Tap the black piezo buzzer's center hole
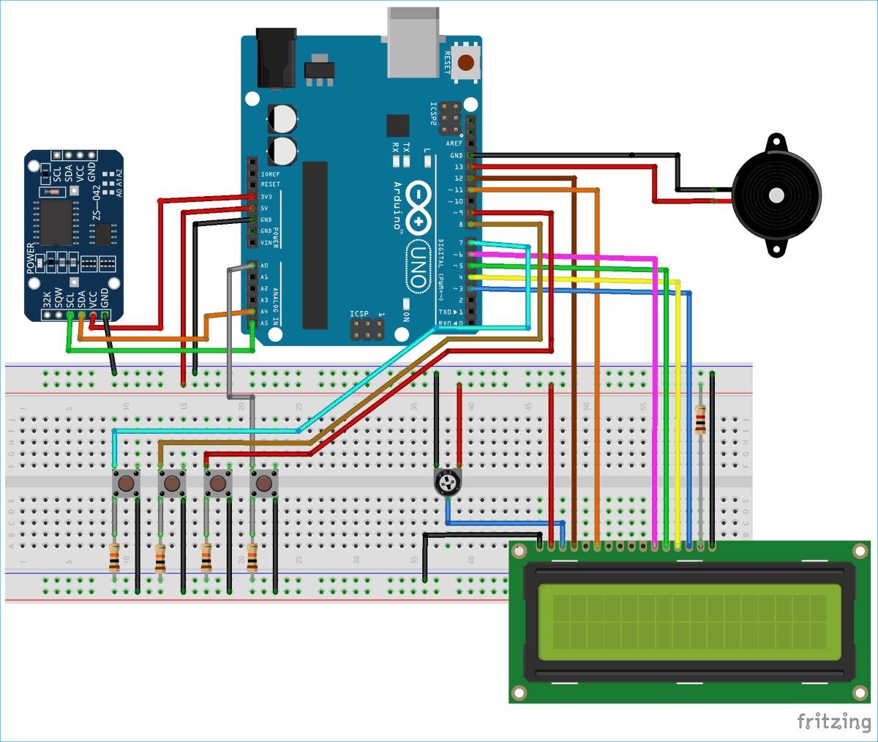point(775,195)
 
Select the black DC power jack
point(276,59)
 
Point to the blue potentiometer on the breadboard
point(447,482)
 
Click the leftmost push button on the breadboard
point(126,484)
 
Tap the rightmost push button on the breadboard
point(263,484)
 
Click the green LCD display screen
point(689,621)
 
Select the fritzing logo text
point(833,722)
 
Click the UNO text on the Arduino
point(418,266)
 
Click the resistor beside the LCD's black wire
point(701,421)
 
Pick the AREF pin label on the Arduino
point(454,143)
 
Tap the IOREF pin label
point(270,174)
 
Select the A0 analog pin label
point(264,266)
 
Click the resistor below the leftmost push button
point(114,558)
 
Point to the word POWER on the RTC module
point(31,258)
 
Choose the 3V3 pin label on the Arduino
point(266,197)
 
